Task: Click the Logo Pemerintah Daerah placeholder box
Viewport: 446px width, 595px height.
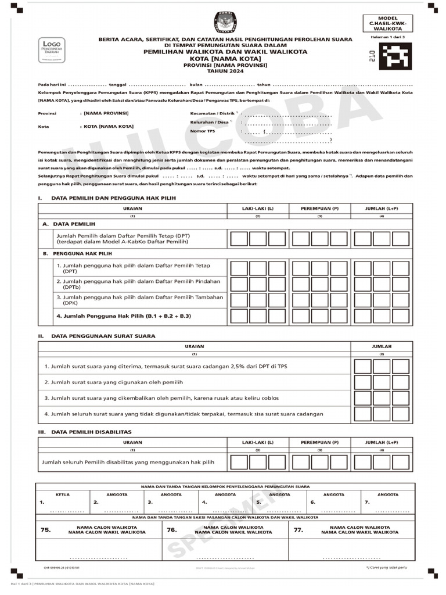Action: coord(52,51)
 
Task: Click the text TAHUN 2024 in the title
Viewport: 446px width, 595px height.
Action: coord(222,71)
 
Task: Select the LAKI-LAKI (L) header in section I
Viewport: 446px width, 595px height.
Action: coord(257,208)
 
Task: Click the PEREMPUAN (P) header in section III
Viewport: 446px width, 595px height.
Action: coord(319,442)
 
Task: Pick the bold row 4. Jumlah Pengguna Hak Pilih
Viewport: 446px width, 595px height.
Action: coord(124,316)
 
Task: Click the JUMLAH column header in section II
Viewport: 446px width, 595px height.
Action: coord(382,346)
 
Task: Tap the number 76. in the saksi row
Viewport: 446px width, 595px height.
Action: coord(172,530)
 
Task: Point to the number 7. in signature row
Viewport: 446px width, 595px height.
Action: coord(366,501)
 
